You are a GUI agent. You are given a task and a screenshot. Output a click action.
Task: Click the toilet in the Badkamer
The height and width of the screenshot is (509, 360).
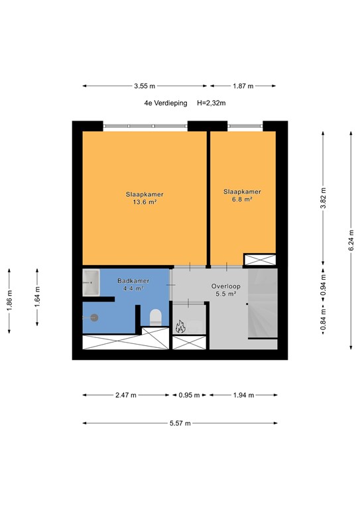156,317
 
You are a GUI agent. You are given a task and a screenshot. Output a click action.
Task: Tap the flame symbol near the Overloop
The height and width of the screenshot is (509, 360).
180,326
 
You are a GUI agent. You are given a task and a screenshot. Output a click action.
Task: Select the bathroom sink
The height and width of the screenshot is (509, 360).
91,283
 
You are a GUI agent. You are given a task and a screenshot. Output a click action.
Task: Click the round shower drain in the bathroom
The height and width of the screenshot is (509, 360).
94,317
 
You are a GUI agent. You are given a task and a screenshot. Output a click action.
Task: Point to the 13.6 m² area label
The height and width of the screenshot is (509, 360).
145,203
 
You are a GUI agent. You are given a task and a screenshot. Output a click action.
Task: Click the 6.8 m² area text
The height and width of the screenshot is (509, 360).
242,199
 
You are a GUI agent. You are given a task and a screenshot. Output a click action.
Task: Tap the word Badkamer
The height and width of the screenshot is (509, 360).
133,281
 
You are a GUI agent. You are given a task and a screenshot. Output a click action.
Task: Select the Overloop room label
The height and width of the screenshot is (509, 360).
225,286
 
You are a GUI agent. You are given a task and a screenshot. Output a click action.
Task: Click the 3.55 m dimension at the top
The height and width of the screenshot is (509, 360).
145,86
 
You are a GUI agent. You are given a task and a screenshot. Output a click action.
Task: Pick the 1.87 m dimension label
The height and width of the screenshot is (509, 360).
242,86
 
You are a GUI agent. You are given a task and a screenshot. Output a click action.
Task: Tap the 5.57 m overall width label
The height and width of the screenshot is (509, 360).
179,423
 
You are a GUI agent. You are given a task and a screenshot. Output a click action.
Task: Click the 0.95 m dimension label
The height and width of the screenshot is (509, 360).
190,395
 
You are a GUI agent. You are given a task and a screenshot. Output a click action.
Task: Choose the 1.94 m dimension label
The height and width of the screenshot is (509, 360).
243,395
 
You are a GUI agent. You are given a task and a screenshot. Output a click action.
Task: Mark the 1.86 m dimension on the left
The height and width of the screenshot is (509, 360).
9,302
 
